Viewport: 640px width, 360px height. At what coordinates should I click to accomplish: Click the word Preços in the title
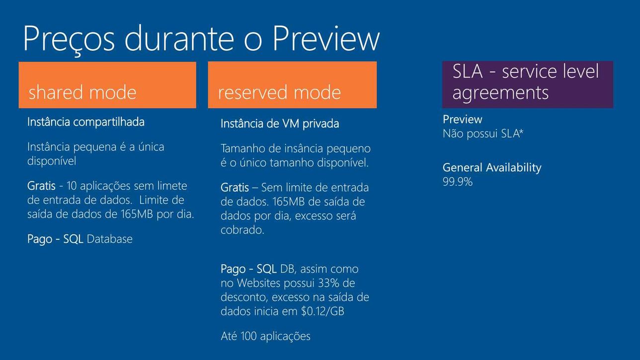pyautogui.click(x=69, y=39)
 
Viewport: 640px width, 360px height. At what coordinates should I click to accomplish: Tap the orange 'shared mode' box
pyautogui.click(x=107, y=85)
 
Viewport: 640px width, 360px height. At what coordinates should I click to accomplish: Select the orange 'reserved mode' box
pyautogui.click(x=292, y=85)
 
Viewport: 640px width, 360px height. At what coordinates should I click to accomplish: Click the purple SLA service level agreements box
pyautogui.click(x=528, y=84)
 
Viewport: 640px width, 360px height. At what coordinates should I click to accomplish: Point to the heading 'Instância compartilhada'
pyautogui.click(x=85, y=122)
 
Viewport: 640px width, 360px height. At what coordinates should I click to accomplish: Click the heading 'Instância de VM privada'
pyautogui.click(x=280, y=124)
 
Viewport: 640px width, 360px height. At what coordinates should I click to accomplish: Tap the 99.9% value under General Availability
pyautogui.click(x=458, y=182)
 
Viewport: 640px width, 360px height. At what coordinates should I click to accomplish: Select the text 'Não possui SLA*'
pyautogui.click(x=483, y=134)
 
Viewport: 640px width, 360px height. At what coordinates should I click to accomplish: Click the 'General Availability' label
pyautogui.click(x=492, y=167)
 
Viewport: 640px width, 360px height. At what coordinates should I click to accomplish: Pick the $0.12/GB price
pyautogui.click(x=322, y=311)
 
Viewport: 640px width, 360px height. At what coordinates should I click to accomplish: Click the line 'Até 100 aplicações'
pyautogui.click(x=265, y=336)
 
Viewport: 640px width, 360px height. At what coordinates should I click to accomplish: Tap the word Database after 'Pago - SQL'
pyautogui.click(x=109, y=239)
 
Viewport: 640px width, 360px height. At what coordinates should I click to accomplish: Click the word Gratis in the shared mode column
pyautogui.click(x=41, y=186)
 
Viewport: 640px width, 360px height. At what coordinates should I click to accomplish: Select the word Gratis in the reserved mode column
pyautogui.click(x=235, y=188)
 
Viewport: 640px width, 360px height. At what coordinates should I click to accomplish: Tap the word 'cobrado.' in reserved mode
pyautogui.click(x=242, y=230)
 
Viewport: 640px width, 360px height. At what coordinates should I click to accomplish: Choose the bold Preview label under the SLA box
pyautogui.click(x=462, y=119)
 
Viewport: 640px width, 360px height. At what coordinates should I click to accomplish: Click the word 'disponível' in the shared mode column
pyautogui.click(x=52, y=161)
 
